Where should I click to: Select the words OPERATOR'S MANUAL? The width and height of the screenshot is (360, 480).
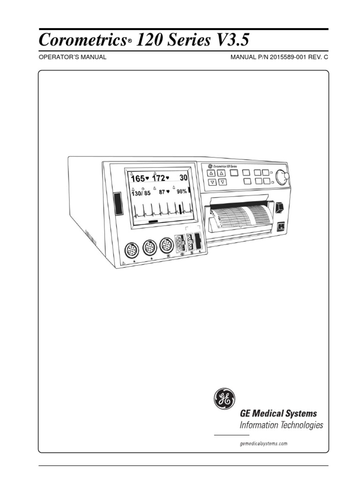click(72, 57)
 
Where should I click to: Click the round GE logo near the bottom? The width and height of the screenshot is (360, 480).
click(223, 400)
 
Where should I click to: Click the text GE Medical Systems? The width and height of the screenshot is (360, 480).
click(278, 413)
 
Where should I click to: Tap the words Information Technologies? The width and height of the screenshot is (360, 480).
click(281, 425)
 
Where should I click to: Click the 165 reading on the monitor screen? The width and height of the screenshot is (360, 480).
click(138, 179)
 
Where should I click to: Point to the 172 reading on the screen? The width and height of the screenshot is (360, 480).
click(160, 179)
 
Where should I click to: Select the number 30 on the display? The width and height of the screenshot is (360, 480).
click(184, 178)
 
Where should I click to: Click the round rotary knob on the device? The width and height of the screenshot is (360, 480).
click(282, 177)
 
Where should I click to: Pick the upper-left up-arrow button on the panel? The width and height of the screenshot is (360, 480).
click(212, 172)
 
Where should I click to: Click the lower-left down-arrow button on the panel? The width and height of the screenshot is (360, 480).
click(212, 182)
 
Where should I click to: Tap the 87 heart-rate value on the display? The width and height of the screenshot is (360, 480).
click(162, 192)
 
